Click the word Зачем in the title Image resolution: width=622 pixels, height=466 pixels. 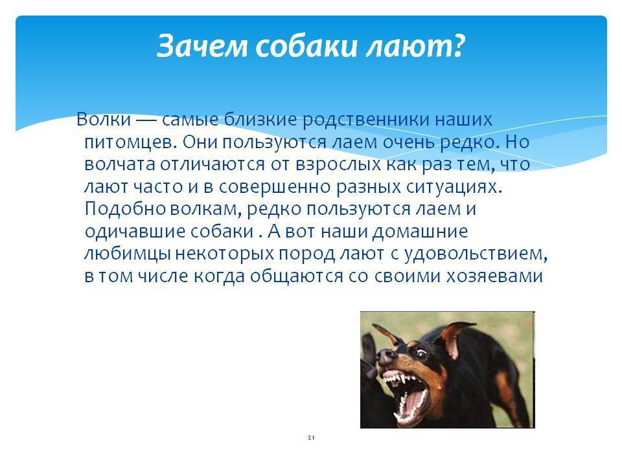coord(202,46)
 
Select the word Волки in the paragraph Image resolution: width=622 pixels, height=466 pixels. coord(104,119)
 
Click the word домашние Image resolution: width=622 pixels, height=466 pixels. coord(420,232)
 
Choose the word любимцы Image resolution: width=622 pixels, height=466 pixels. coord(128,254)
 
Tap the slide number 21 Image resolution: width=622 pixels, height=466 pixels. coord(311,438)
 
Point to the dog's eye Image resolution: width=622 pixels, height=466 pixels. coord(421,351)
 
